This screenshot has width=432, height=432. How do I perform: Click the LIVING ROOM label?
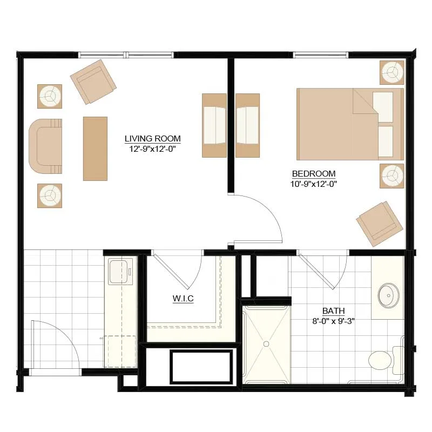tap(153, 139)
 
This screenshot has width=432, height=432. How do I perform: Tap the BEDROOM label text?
tap(314, 174)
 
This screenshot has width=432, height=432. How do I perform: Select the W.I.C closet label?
tap(183, 299)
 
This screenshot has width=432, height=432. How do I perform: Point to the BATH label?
tap(333, 311)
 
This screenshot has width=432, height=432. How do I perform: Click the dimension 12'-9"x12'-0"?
tap(153, 149)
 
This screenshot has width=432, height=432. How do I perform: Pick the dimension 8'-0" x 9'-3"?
tap(333, 321)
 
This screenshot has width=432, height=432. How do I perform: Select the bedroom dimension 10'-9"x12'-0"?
tap(314, 184)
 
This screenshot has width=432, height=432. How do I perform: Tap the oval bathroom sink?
tap(388, 295)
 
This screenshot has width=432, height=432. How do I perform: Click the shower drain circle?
tap(266, 344)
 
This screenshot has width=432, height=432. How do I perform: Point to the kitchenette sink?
tap(120, 272)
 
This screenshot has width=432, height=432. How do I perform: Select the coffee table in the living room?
tap(95, 149)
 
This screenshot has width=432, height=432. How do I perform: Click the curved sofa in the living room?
tap(45, 146)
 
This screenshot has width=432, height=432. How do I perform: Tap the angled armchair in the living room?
tap(93, 82)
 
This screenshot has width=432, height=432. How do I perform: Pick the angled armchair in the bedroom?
tap(380, 224)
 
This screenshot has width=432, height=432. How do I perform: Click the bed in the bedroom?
tap(350, 124)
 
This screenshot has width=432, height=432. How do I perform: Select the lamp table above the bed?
tap(392, 72)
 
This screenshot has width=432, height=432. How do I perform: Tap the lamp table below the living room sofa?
tap(50, 195)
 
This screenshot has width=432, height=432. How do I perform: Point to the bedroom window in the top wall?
tap(321, 55)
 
